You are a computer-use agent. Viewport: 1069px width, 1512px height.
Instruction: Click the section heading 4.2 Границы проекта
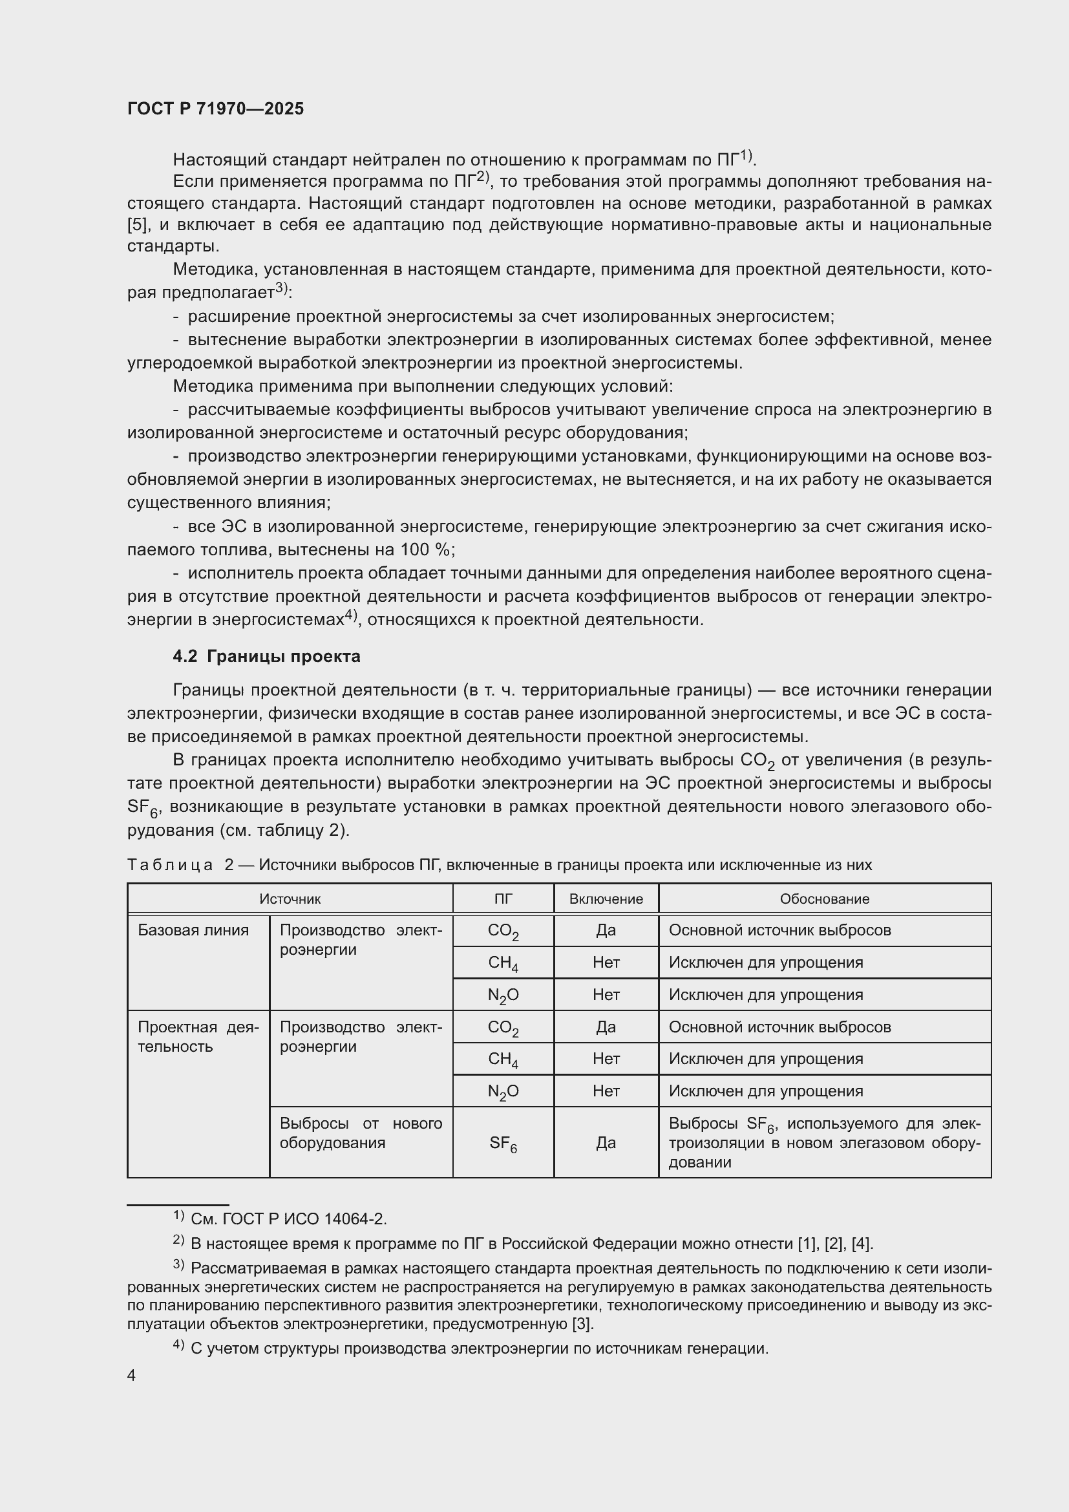266,657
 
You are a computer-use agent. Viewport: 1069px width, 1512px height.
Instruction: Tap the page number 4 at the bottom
132,1376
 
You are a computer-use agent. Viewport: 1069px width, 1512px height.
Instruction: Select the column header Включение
606,899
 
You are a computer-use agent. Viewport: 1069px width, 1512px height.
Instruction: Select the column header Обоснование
824,899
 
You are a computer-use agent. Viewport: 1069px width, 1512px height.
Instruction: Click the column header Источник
290,899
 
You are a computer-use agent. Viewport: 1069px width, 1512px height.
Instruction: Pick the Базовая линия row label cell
193,930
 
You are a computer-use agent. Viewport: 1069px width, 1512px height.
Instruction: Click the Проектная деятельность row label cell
198,1036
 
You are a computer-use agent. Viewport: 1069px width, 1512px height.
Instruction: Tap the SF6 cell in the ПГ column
503,1144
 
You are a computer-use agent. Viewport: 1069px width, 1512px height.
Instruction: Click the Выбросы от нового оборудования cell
361,1133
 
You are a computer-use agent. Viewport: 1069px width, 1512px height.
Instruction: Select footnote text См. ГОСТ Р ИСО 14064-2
288,1220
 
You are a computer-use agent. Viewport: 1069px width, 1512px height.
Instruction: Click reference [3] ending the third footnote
582,1325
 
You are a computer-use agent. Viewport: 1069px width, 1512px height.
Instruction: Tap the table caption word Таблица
170,865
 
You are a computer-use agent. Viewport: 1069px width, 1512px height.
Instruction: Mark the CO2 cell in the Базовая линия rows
503,931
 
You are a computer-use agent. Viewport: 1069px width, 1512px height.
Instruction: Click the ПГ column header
503,899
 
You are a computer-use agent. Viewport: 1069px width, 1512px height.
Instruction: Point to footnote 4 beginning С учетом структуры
478,1348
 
